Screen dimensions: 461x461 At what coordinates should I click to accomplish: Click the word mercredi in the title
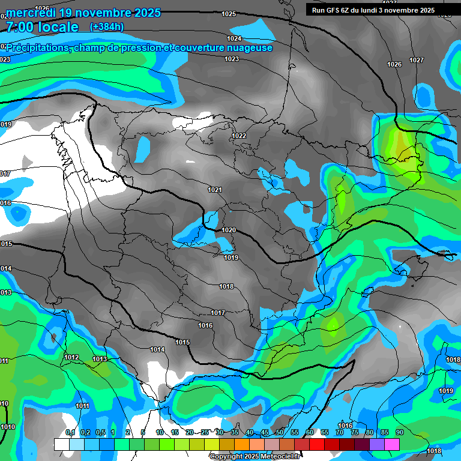(x=31, y=13)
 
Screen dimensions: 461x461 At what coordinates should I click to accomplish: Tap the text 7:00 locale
(x=42, y=27)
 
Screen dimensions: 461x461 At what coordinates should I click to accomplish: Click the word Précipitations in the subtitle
(x=37, y=48)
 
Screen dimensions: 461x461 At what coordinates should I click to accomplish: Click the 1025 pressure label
(x=229, y=14)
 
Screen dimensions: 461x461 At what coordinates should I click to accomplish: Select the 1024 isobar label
(x=234, y=38)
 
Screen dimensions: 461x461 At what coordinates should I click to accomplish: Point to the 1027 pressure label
(x=417, y=60)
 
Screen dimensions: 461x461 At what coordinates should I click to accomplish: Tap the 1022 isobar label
(x=239, y=136)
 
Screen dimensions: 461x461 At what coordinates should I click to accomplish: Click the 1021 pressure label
(x=215, y=190)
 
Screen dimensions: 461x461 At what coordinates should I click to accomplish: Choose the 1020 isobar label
(x=229, y=230)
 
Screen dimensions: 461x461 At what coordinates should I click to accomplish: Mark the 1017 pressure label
(x=217, y=313)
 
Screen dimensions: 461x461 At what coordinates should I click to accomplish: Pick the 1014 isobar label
(x=157, y=349)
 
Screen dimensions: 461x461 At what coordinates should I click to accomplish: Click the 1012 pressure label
(x=71, y=357)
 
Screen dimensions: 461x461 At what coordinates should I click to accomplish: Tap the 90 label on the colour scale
(x=399, y=433)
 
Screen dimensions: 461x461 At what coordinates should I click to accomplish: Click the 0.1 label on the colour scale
(x=70, y=433)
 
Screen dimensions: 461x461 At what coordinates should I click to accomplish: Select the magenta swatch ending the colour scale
(x=392, y=444)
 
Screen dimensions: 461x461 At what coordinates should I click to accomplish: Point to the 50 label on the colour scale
(x=280, y=433)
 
